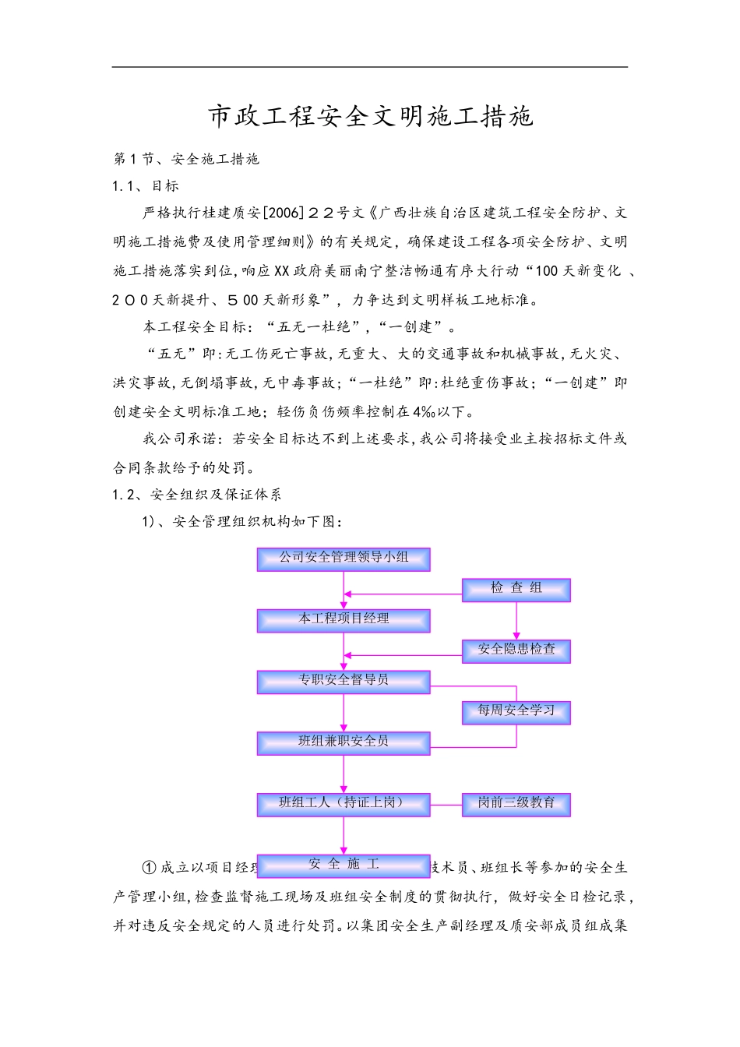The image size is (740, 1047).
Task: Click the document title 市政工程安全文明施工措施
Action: [x=370, y=116]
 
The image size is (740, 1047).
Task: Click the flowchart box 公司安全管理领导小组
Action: [x=344, y=558]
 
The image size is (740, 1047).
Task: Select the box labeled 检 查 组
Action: [x=516, y=589]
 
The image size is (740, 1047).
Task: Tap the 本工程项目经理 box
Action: [x=344, y=619]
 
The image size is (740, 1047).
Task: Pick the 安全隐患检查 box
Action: [x=516, y=650]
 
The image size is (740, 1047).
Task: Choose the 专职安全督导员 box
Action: [x=344, y=681]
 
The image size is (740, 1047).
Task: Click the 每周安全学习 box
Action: [x=516, y=711]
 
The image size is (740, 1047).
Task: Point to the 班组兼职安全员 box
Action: [x=344, y=742]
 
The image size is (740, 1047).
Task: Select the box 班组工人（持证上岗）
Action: [x=344, y=803]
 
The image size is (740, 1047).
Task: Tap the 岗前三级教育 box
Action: [x=516, y=803]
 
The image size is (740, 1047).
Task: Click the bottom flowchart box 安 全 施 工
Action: [x=344, y=865]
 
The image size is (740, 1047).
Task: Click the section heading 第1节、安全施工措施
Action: [x=186, y=159]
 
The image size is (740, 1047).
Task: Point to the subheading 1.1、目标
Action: [x=146, y=185]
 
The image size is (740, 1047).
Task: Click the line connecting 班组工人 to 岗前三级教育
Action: [x=446, y=804]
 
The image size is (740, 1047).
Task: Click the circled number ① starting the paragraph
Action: [x=150, y=868]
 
